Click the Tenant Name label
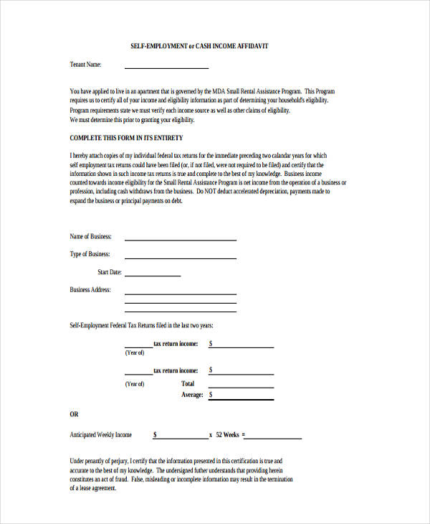pyautogui.click(x=85, y=65)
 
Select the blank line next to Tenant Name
pyautogui.click(x=166, y=67)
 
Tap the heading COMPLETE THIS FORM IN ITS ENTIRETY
pyautogui.click(x=126, y=137)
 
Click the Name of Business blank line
pyautogui.click(x=180, y=239)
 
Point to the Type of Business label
pyautogui.click(x=90, y=254)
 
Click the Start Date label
pyautogui.click(x=109, y=272)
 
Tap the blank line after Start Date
pyautogui.click(x=153, y=275)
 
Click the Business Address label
pyautogui.click(x=90, y=290)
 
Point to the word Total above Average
pyautogui.click(x=188, y=384)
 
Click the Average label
pyautogui.click(x=192, y=395)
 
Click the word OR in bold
pyautogui.click(x=74, y=414)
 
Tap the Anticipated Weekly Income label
pyautogui.click(x=100, y=435)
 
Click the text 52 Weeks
pyautogui.click(x=227, y=435)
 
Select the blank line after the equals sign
pyautogui.click(x=274, y=438)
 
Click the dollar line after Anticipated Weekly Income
pyautogui.click(x=182, y=438)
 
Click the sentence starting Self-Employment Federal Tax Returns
pyautogui.click(x=141, y=326)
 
